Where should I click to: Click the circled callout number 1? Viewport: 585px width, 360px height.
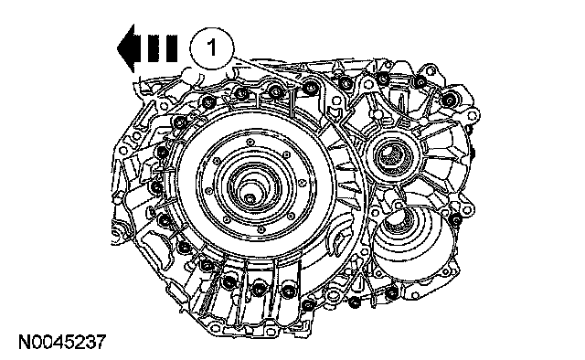coord(212,48)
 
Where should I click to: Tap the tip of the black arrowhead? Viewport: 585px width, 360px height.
coord(117,48)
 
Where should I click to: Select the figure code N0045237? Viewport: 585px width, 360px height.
coord(63,342)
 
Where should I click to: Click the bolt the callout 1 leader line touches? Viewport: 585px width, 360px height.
coord(310,88)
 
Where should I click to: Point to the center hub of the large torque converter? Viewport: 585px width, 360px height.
coord(250,197)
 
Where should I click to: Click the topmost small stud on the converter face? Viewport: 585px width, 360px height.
coord(250,143)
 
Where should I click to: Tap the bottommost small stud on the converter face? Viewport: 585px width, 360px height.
coord(261,229)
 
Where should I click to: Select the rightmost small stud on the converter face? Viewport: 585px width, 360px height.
coord(303,183)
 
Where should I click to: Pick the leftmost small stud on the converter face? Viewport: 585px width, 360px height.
coord(209,191)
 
